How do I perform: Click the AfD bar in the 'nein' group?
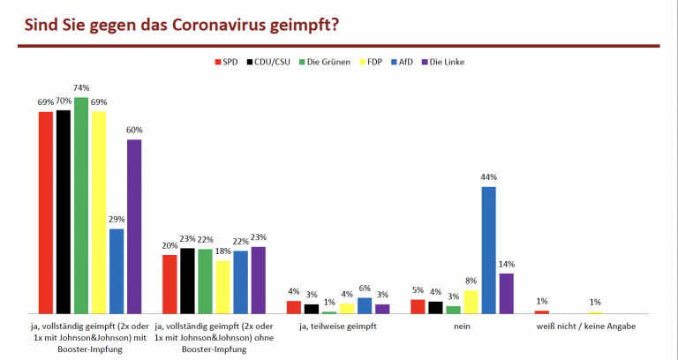(488, 250)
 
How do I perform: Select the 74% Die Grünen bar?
(81, 205)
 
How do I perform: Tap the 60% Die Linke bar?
(134, 226)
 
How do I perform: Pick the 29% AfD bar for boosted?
(117, 271)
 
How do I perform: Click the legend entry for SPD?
(228, 62)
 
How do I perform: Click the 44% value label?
(488, 177)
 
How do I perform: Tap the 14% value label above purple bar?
(507, 264)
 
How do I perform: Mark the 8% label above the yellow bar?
(471, 281)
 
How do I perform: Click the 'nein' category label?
(462, 326)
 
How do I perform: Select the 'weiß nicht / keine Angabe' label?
(585, 326)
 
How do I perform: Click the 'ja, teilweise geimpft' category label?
(338, 326)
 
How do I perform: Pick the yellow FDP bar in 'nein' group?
(471, 302)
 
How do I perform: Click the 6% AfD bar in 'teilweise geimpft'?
(365, 305)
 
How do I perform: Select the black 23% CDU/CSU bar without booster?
(187, 281)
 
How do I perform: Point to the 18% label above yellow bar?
(222, 251)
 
